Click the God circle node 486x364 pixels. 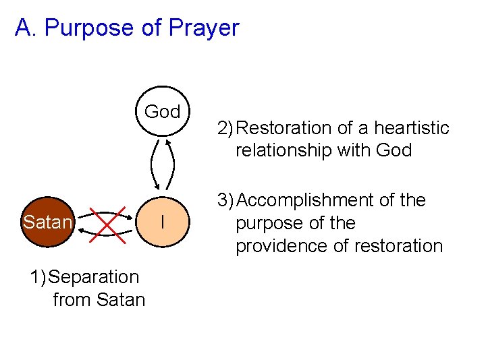pos(163,111)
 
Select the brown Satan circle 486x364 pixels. pos(47,222)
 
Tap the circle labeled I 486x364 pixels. pos(163,222)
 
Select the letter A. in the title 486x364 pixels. pos(25,28)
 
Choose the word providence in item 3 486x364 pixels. pos(277,246)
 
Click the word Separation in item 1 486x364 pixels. pos(95,277)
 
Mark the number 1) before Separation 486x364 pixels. pos(38,277)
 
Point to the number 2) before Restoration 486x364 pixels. pos(226,128)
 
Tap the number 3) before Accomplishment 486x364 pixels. pos(226,200)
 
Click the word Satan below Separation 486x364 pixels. pos(122,299)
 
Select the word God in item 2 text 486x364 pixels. pos(394,150)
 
